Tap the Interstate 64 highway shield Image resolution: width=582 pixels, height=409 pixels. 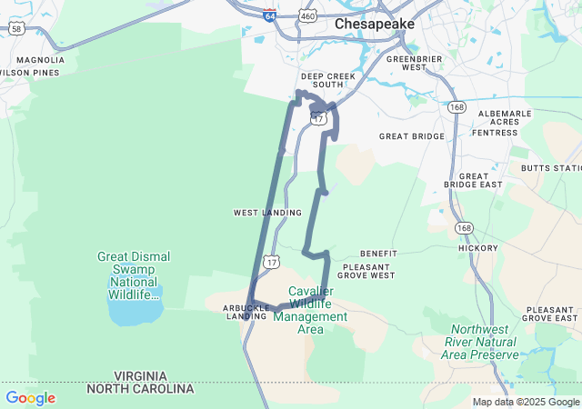[269, 15]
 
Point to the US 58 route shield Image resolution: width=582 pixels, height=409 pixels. [18, 30]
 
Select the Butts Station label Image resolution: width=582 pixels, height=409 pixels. [550, 168]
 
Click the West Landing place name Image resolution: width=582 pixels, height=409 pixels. [267, 213]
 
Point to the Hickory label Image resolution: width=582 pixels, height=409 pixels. [478, 247]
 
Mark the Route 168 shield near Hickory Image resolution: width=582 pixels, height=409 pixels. [465, 228]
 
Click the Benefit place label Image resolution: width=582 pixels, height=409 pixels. [378, 254]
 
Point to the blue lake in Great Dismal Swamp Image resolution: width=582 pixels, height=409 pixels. [135, 310]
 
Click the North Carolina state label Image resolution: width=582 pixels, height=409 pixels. [141, 388]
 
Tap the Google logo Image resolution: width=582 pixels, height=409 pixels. [30, 398]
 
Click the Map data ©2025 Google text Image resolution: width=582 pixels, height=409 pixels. [526, 402]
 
